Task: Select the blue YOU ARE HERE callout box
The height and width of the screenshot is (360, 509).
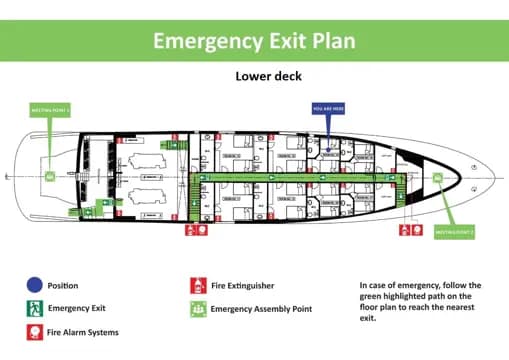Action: click(329, 108)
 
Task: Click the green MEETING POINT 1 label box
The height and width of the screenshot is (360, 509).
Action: click(49, 110)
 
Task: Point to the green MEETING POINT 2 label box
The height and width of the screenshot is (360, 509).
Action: click(455, 233)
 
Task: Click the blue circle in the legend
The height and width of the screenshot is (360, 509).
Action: click(34, 286)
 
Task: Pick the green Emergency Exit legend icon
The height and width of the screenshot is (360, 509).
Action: click(34, 309)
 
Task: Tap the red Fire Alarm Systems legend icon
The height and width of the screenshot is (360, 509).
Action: click(34, 332)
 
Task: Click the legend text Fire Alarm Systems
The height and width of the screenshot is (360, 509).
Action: click(83, 332)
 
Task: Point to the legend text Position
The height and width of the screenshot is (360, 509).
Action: click(62, 286)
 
